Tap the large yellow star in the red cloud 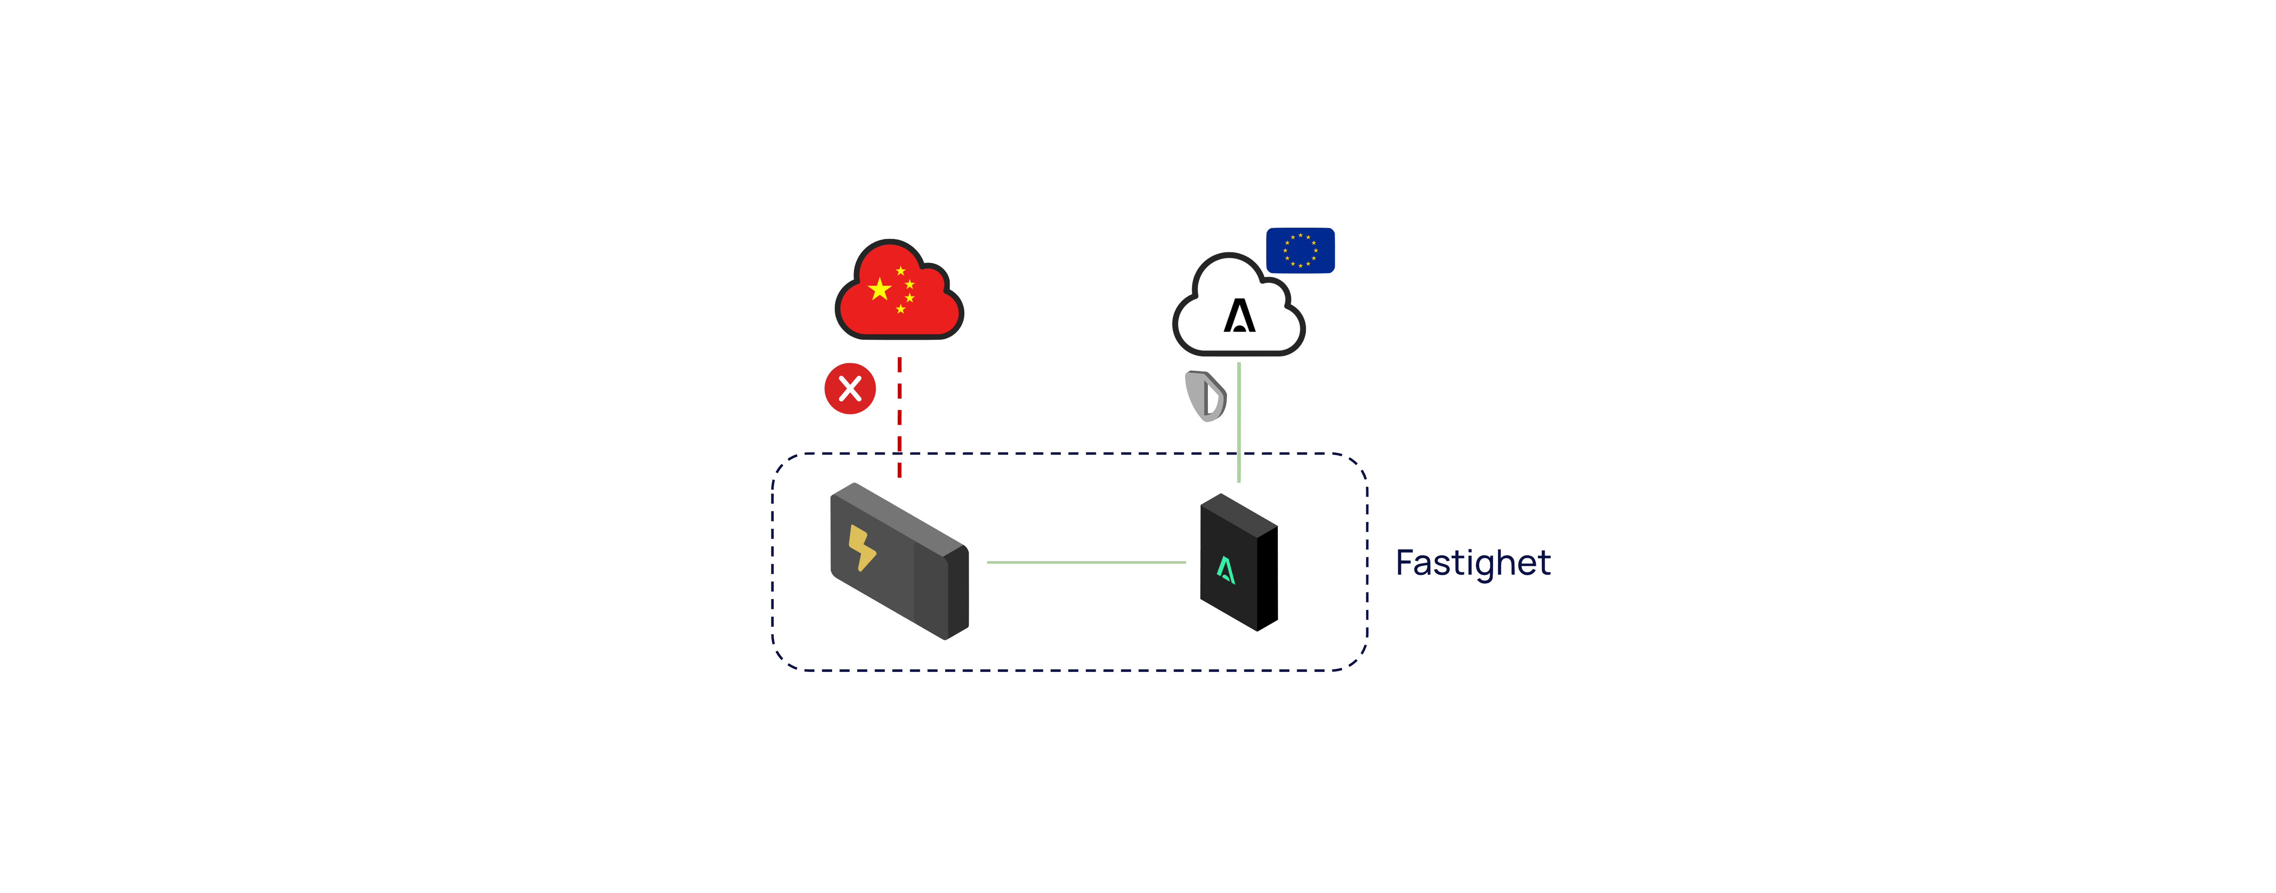coord(880,289)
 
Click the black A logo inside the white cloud coord(1240,315)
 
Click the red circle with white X coord(850,389)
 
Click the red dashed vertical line coord(899,417)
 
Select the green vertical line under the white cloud coord(1239,422)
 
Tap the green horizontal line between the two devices coord(1086,562)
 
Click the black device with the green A coord(1239,562)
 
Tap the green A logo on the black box coord(1225,571)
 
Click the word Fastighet coord(1473,562)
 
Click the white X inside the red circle coord(850,389)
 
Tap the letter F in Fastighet coord(1405,562)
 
